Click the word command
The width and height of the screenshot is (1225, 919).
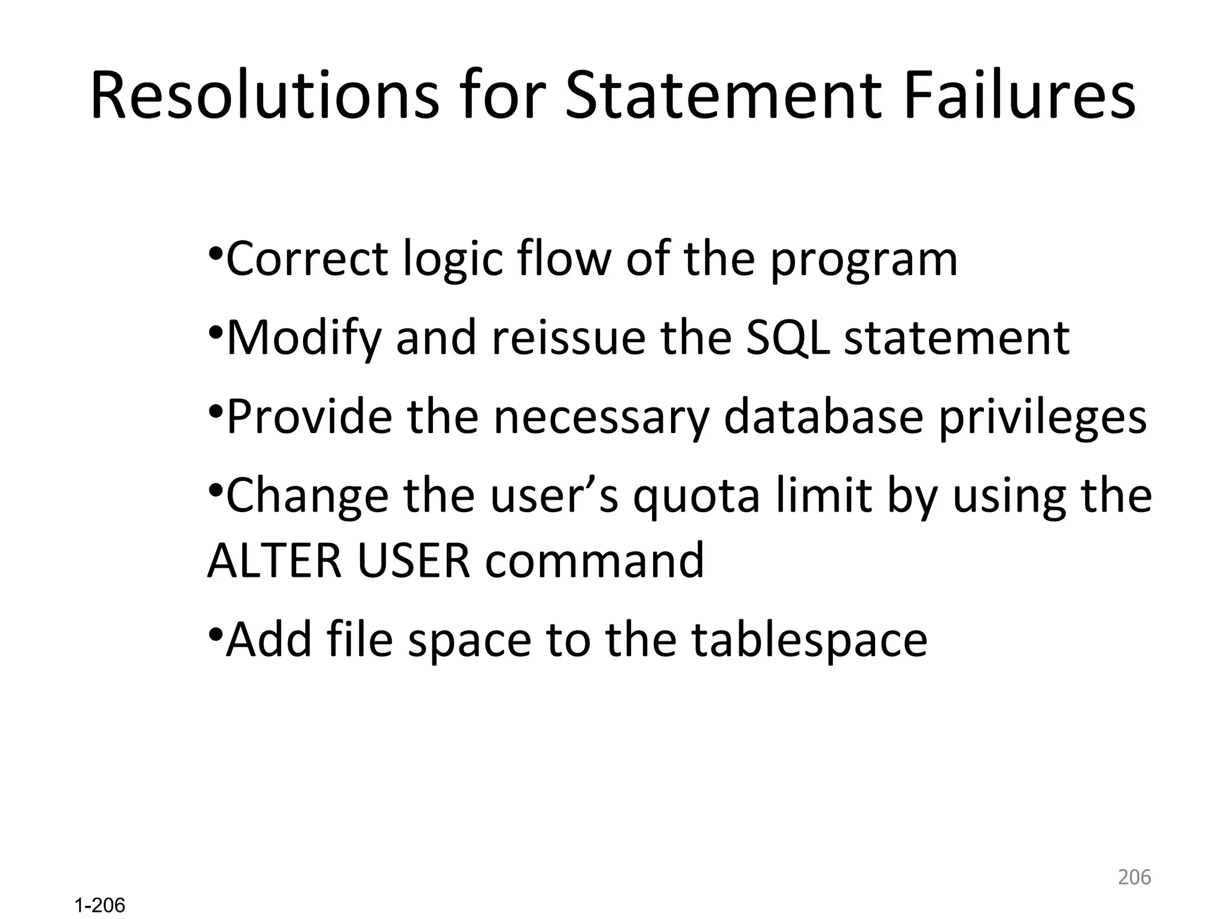tap(595, 560)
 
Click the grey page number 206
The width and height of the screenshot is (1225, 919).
tap(1134, 877)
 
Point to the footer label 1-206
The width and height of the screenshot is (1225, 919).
tap(100, 906)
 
